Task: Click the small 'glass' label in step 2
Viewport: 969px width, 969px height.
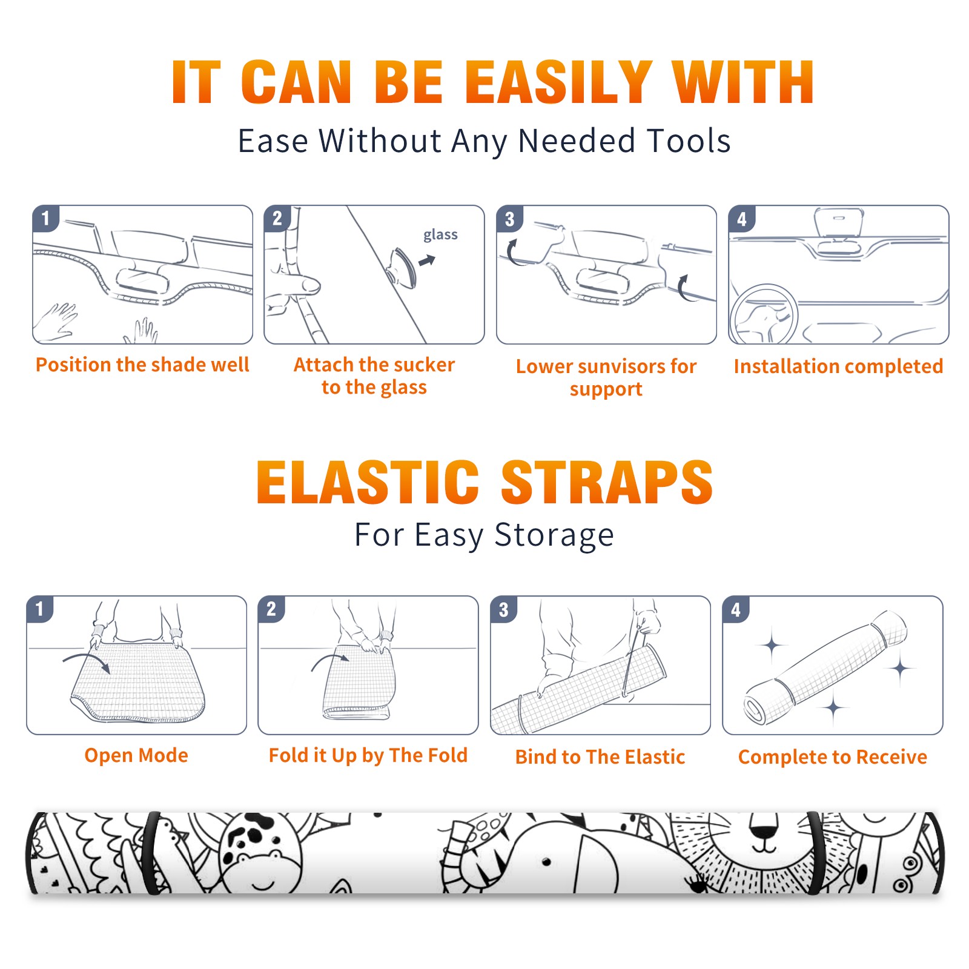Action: pyautogui.click(x=440, y=235)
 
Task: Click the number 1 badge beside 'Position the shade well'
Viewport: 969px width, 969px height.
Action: pyautogui.click(x=45, y=218)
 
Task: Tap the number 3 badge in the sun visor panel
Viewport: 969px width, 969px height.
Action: pyautogui.click(x=509, y=218)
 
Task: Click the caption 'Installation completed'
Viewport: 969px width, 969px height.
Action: pyautogui.click(x=838, y=366)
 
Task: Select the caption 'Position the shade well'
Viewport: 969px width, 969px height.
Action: pyautogui.click(x=142, y=365)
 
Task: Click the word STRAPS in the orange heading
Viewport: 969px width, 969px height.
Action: pyautogui.click(x=607, y=482)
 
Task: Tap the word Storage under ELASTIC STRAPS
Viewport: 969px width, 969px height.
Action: pyautogui.click(x=554, y=535)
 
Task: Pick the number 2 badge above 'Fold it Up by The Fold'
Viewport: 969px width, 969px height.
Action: pyautogui.click(x=271, y=609)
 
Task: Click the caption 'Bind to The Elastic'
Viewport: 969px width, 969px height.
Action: pyautogui.click(x=600, y=757)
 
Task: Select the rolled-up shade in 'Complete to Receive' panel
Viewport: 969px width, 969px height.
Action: pyautogui.click(x=825, y=668)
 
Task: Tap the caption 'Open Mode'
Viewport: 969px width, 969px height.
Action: pyautogui.click(x=136, y=755)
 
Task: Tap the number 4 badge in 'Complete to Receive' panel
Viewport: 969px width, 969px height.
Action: pyautogui.click(x=736, y=609)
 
